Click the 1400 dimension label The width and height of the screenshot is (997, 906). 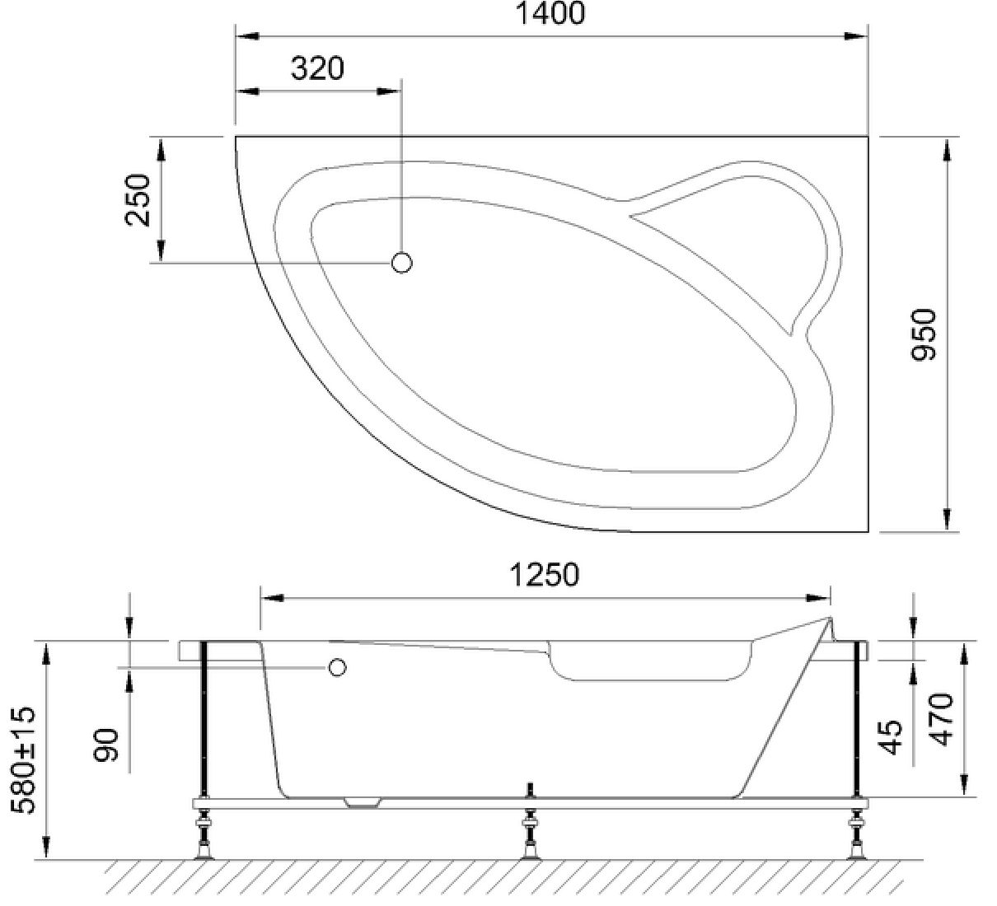click(x=550, y=13)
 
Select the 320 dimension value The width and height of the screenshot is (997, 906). click(x=317, y=68)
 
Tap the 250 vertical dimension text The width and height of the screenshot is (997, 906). click(x=138, y=199)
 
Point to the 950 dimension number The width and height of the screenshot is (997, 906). click(x=924, y=335)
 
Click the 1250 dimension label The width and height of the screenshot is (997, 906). click(x=545, y=575)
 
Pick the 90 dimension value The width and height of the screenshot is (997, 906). click(x=106, y=745)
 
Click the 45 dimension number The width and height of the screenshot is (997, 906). click(x=890, y=737)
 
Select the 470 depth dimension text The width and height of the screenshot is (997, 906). click(x=940, y=720)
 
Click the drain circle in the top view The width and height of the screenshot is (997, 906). click(x=401, y=263)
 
